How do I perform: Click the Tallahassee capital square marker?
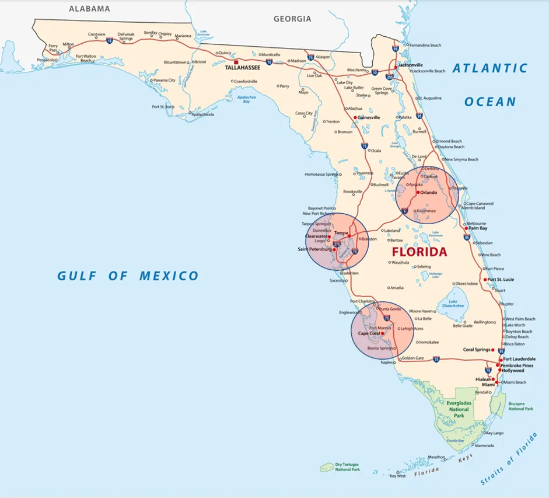[x=236, y=62]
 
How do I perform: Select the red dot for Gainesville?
[x=355, y=117]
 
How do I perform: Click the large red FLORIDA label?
[x=419, y=252]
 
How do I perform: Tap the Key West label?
[x=397, y=476]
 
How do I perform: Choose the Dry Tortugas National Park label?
[x=347, y=467]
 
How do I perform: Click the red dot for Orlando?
[x=418, y=192]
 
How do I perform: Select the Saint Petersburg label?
[x=314, y=250]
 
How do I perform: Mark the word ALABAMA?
[x=89, y=9]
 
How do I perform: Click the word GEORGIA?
[x=292, y=19]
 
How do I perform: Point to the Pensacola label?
[x=47, y=60]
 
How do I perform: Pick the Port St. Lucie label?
[x=501, y=280]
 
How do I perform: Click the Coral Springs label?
[x=477, y=350]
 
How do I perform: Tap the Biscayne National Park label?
[x=520, y=406]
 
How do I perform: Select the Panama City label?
[x=165, y=80]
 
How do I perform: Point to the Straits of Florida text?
[x=509, y=461]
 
